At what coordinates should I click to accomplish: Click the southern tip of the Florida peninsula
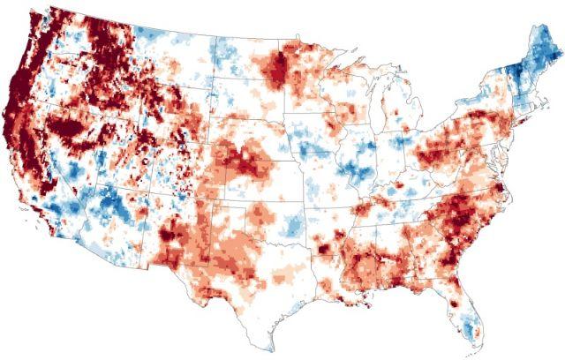tap(474, 343)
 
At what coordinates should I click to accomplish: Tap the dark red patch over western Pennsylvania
tap(441, 141)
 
